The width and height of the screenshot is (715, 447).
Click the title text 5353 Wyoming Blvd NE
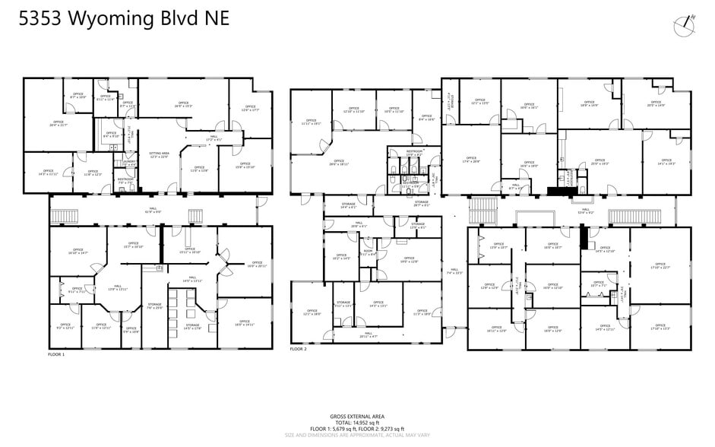click(123, 19)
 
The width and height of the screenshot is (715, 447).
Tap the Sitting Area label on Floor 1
click(159, 154)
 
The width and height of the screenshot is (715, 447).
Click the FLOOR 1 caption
click(56, 354)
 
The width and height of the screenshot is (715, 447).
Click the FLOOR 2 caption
click(298, 349)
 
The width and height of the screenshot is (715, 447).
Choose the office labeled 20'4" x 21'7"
click(59, 123)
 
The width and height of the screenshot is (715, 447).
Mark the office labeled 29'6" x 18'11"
click(339, 162)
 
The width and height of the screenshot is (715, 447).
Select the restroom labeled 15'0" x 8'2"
click(414, 153)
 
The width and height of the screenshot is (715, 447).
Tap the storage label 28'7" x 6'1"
click(422, 203)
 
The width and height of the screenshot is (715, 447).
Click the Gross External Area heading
click(356, 417)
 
